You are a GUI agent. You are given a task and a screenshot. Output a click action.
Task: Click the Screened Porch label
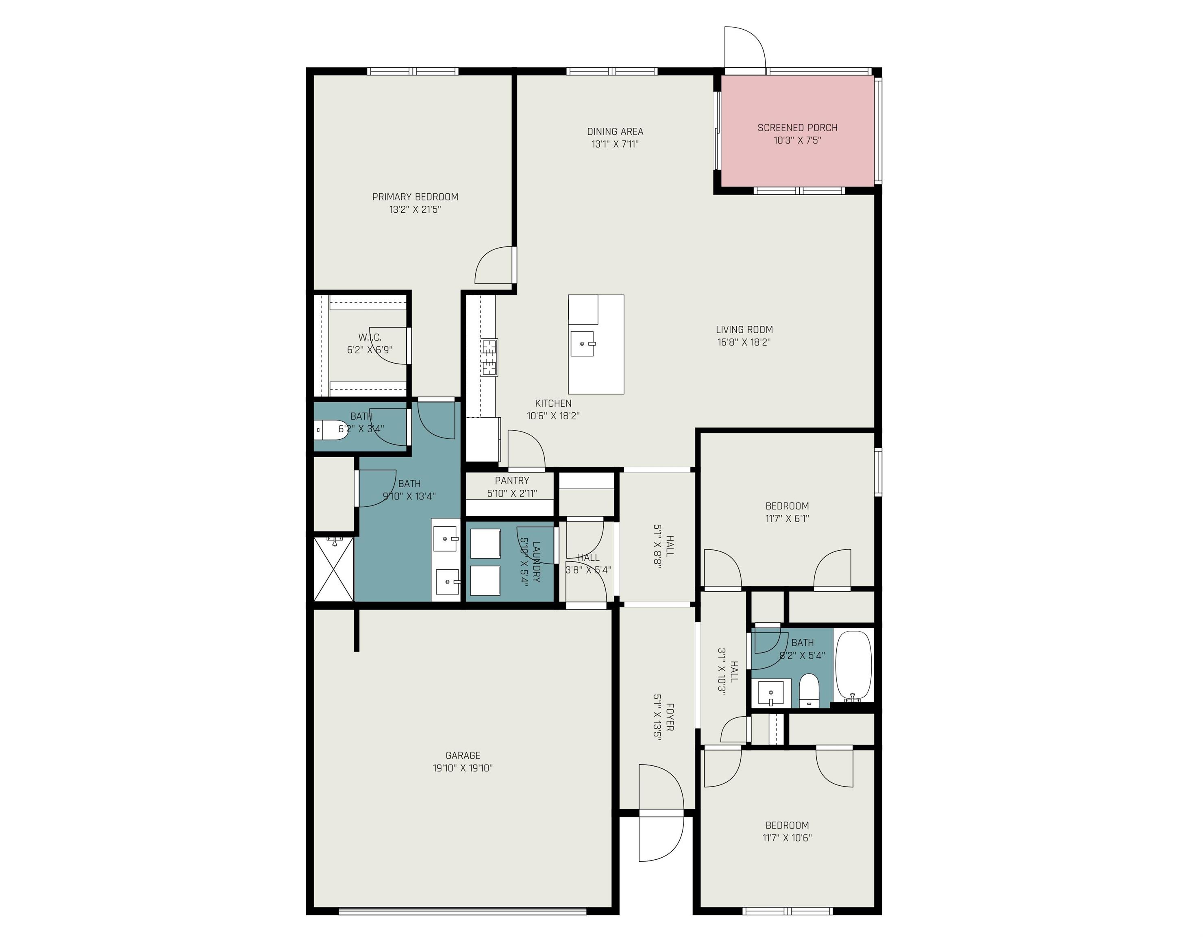click(797, 128)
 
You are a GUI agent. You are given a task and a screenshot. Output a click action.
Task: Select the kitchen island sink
click(582, 344)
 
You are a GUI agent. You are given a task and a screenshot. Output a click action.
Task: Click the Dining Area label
click(615, 132)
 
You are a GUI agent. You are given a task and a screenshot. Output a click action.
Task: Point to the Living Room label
click(744, 329)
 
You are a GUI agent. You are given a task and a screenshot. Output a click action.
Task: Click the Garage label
click(463, 755)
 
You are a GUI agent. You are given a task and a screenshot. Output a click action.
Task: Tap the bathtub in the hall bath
click(854, 666)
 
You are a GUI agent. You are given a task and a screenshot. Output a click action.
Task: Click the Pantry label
click(512, 481)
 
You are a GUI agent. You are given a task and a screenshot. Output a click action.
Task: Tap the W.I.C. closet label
click(370, 337)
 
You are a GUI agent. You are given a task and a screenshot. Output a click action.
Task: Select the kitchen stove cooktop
click(489, 357)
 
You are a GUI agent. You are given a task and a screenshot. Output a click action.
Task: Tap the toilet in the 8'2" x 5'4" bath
click(809, 690)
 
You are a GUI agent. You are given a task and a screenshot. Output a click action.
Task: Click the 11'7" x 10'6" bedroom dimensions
click(787, 838)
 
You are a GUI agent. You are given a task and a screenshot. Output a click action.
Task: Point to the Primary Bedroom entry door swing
click(495, 266)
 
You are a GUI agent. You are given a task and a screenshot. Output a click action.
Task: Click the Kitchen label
click(553, 403)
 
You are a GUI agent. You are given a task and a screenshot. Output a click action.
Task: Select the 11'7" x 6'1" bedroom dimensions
click(787, 519)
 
